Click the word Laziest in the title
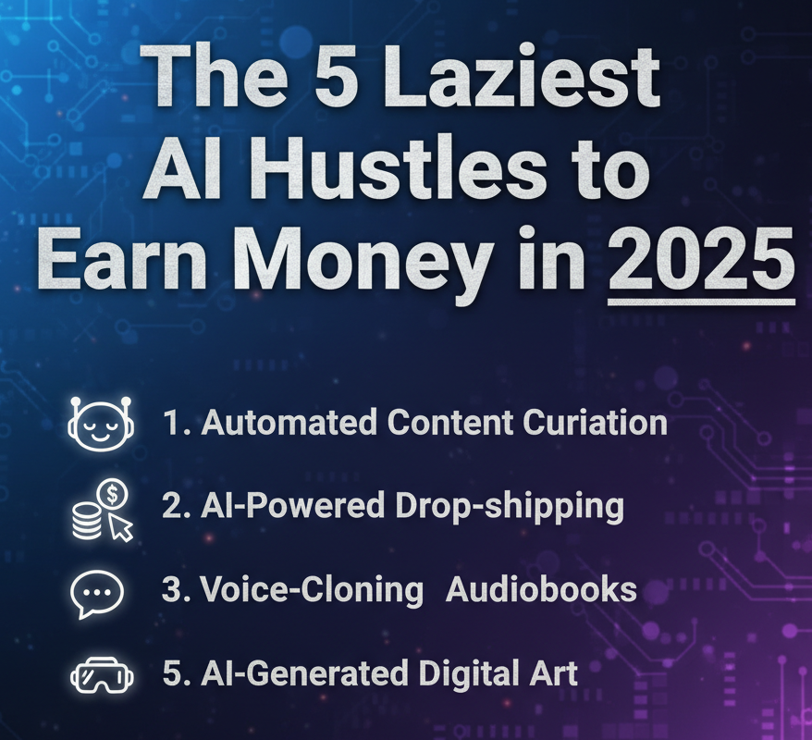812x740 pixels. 523,77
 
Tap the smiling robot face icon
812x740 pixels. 101,423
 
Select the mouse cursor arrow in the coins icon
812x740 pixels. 121,527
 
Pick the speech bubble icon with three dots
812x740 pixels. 97,593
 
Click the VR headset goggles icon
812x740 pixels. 102,674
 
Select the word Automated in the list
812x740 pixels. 289,422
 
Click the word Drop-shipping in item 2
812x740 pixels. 510,507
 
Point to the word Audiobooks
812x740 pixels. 541,589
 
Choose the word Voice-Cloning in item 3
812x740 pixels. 313,591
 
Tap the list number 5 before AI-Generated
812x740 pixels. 171,673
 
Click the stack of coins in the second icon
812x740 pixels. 87,521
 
